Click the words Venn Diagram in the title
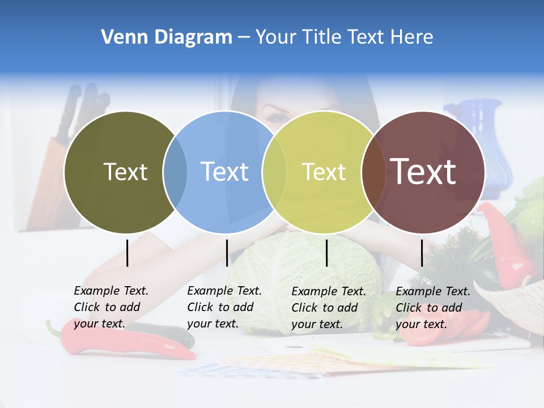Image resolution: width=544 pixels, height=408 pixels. click(x=167, y=37)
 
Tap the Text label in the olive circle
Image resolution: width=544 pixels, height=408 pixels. click(x=125, y=172)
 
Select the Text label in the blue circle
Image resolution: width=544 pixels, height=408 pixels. click(x=225, y=172)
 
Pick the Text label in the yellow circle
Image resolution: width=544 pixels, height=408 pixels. click(x=324, y=172)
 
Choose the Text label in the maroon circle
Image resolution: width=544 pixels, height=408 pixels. click(x=423, y=172)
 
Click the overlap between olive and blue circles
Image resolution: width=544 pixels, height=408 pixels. click(x=175, y=172)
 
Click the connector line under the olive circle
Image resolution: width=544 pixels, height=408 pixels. click(x=127, y=253)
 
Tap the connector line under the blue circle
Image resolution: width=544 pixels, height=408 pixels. click(x=227, y=253)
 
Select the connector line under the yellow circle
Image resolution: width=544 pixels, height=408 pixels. click(x=327, y=253)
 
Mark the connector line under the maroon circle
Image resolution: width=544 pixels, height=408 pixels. click(x=422, y=253)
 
